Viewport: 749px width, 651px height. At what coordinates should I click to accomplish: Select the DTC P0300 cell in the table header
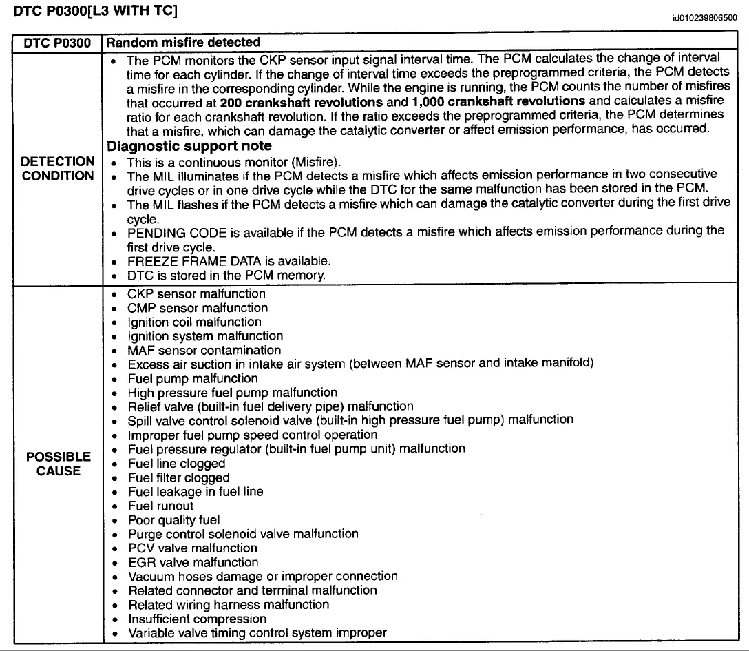pos(57,43)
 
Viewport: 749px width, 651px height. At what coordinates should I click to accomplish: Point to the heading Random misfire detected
pos(184,43)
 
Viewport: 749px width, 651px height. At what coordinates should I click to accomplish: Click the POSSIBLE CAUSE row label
pos(58,464)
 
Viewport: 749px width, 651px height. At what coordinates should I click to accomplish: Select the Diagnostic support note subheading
pos(189,146)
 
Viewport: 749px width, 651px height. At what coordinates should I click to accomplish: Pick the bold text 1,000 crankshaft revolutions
pos(498,101)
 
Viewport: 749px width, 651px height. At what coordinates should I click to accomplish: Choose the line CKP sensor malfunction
pos(196,294)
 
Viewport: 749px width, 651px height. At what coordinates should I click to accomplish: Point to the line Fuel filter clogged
pos(178,477)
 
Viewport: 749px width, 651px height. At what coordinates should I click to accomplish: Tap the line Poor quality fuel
pos(173,520)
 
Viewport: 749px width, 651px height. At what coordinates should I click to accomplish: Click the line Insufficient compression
pos(197,619)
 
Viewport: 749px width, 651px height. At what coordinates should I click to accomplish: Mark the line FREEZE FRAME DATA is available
pos(229,261)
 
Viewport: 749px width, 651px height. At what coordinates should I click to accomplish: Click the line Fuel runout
pos(160,506)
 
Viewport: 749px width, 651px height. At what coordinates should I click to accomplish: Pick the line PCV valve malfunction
pos(192,548)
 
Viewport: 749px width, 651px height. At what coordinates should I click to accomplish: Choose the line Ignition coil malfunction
pos(194,322)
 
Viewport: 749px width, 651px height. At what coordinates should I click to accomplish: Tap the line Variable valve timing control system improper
pos(257,632)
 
